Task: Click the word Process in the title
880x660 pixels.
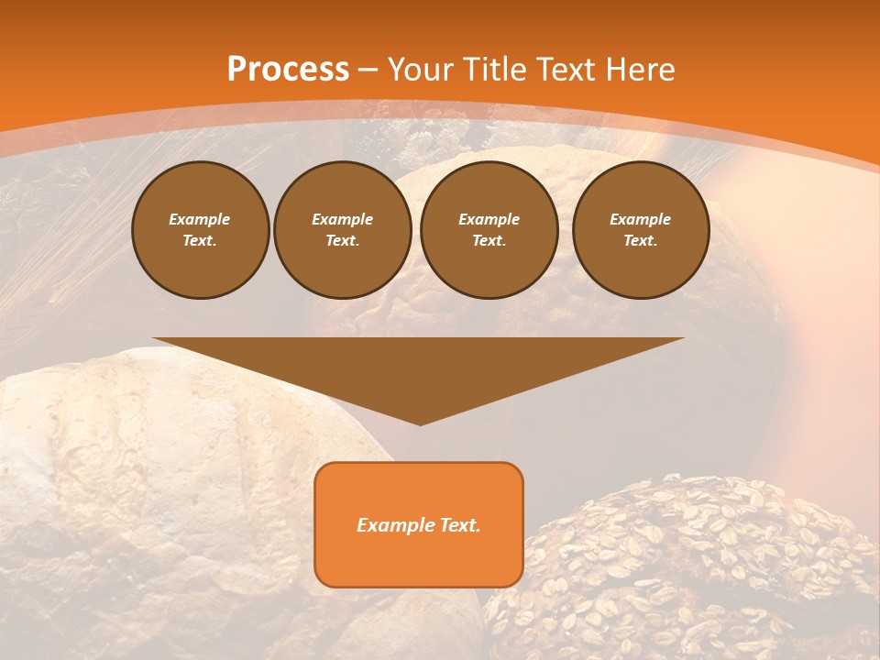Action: (x=288, y=70)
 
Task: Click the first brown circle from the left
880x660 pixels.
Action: (x=200, y=229)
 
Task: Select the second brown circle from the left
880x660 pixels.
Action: (x=342, y=229)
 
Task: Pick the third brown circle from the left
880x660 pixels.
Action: (x=489, y=229)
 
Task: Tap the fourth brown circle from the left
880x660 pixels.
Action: (x=640, y=229)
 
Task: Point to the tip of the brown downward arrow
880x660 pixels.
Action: (x=420, y=423)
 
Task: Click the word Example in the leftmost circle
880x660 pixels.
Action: (x=200, y=219)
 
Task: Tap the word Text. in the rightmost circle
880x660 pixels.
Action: (x=640, y=240)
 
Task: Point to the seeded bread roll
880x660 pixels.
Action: (x=687, y=568)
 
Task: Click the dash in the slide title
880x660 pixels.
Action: (x=368, y=70)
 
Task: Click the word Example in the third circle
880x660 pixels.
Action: (x=489, y=219)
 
